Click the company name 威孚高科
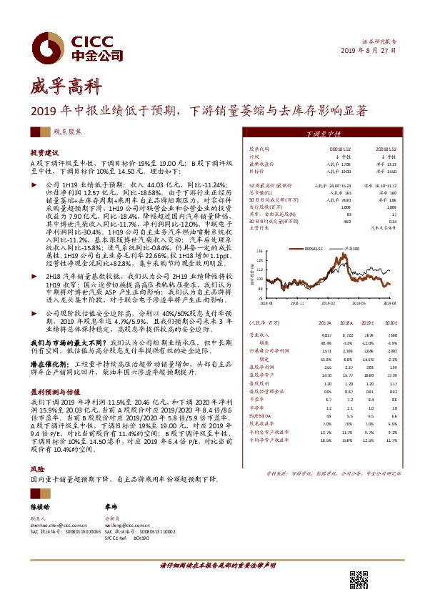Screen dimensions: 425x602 pyautogui.click(x=56, y=88)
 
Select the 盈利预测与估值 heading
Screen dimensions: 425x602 pyautogui.click(x=52, y=393)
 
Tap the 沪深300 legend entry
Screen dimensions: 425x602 pyautogui.click(x=351, y=249)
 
